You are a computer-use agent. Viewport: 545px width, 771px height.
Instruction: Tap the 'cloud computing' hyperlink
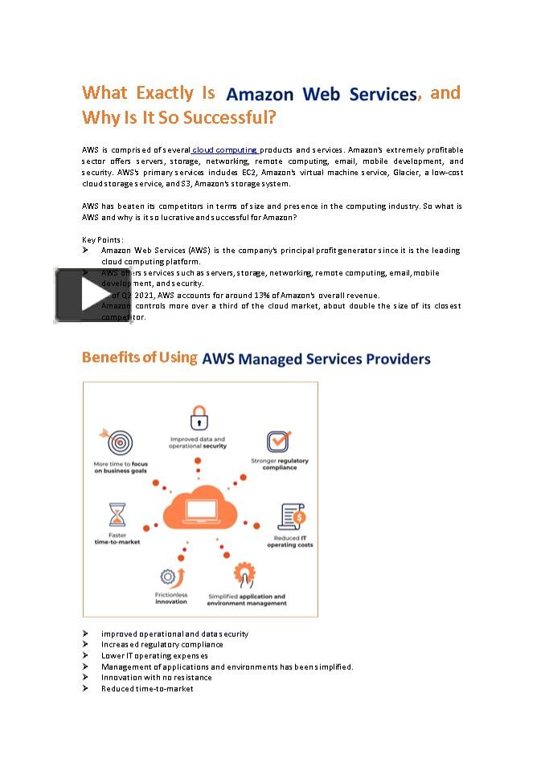tap(224, 150)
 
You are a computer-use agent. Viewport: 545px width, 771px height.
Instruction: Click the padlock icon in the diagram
tap(199, 418)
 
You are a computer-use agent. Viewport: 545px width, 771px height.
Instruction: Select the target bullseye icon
tap(120, 442)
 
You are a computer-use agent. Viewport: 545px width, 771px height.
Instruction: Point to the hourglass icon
tap(117, 514)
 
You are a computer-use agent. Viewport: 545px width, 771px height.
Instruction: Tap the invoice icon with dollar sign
tap(290, 516)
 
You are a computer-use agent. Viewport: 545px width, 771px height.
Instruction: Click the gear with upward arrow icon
tap(171, 577)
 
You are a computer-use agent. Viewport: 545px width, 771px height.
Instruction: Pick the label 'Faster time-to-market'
tap(117, 538)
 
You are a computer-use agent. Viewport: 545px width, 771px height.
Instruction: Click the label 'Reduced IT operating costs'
tap(290, 541)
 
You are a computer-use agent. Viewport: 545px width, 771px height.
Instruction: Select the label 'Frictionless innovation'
tap(171, 598)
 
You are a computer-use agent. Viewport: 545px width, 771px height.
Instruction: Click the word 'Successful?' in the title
tap(230, 118)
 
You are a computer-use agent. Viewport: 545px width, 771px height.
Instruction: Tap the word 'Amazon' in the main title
tap(260, 94)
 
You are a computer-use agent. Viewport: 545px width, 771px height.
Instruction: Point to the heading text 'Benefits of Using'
tap(140, 357)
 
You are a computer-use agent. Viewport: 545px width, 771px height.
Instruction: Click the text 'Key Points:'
tap(103, 239)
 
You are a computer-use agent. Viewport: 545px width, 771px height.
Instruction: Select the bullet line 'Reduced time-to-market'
tap(147, 688)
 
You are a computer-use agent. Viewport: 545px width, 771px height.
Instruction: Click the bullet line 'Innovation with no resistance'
tap(156, 677)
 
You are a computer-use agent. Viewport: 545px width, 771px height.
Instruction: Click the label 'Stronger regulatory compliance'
tap(279, 464)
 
